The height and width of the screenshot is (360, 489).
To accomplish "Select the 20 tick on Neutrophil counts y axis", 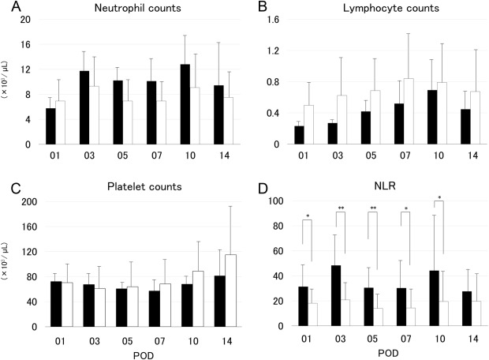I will [x=27, y=19].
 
